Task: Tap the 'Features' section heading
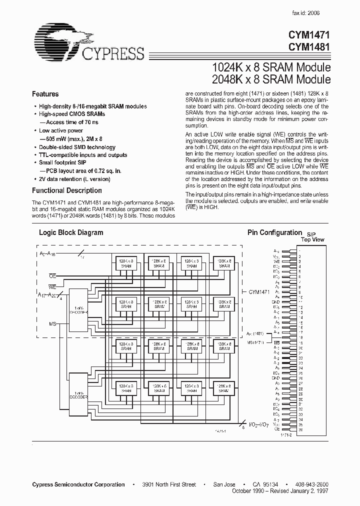coord(45,94)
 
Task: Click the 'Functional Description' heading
coord(67,190)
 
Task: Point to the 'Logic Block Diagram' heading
coord(71,232)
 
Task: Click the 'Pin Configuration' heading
coord(274,232)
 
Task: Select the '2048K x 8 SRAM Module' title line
coord(272,79)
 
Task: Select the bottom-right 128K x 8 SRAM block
coord(223,388)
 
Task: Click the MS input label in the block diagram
coord(52,324)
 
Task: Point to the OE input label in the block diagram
coord(52,275)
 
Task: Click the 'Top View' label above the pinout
coord(312,239)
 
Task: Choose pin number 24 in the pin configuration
coord(300,368)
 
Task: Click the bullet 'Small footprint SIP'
coord(63,162)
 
